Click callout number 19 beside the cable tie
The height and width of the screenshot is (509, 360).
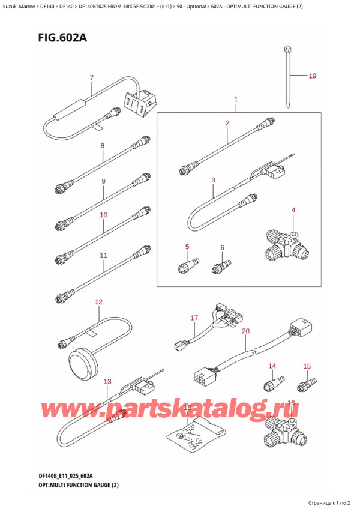pos(312,76)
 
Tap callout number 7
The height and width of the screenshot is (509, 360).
pos(91,77)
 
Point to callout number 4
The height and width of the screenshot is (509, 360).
pos(293,210)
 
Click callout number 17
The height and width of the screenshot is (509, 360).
pos(194,318)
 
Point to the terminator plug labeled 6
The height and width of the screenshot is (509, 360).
pos(221,264)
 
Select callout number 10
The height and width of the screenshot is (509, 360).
pos(103,215)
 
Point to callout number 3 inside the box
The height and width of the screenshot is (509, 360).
pos(213,179)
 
